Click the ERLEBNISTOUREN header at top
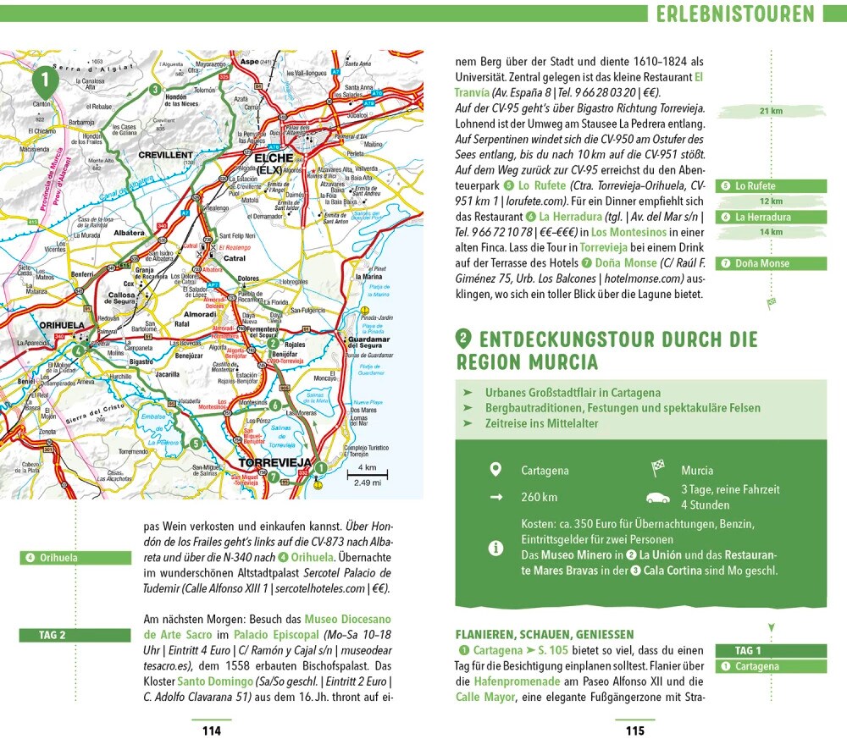point(734,14)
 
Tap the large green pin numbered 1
point(45,82)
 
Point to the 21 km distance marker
point(771,111)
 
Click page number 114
point(206,731)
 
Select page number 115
point(634,731)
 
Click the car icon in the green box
point(657,498)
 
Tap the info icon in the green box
point(496,548)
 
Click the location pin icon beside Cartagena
point(496,470)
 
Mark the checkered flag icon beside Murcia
point(657,469)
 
